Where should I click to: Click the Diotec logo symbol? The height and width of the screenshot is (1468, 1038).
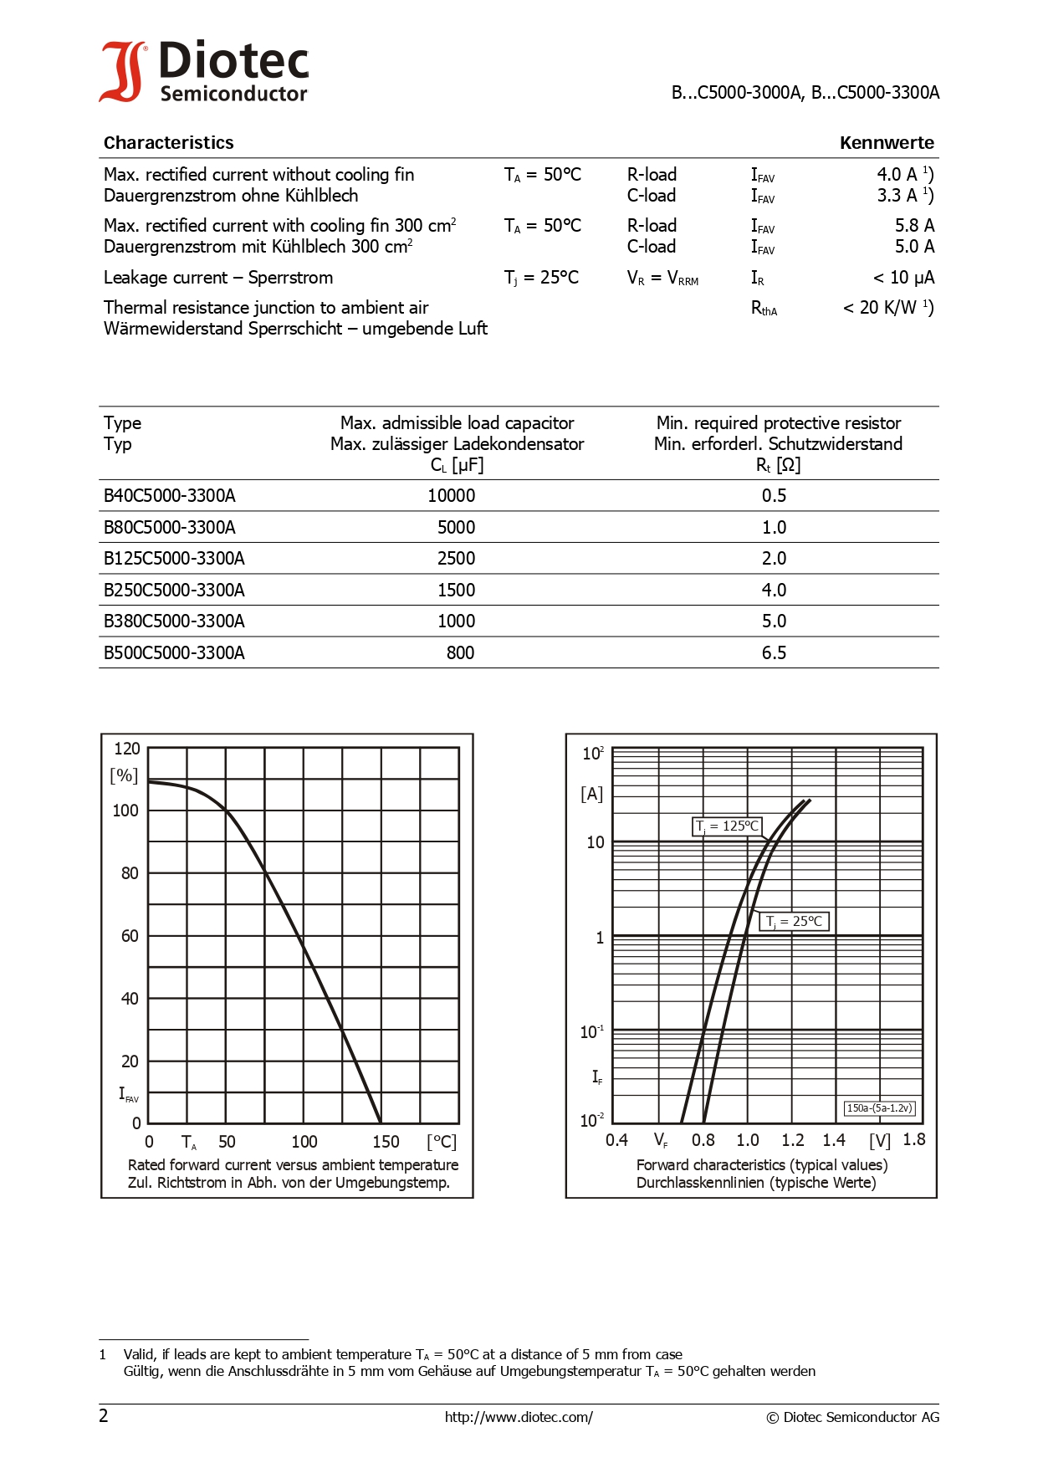click(122, 72)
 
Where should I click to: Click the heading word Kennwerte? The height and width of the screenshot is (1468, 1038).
click(887, 143)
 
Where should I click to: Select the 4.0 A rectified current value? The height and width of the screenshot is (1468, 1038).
click(903, 175)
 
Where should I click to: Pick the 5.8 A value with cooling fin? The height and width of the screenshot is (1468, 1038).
click(914, 226)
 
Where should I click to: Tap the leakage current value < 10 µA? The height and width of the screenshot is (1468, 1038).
click(903, 278)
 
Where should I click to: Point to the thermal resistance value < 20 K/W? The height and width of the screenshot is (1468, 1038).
click(887, 308)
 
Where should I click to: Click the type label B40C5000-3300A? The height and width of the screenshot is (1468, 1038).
click(170, 496)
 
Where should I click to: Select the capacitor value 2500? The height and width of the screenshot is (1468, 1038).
click(456, 559)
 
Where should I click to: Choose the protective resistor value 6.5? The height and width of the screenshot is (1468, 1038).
click(774, 653)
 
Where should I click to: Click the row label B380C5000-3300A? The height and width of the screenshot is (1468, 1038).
click(174, 621)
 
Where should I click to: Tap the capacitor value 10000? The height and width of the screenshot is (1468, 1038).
click(451, 496)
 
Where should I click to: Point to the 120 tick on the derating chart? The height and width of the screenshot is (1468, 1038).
click(127, 749)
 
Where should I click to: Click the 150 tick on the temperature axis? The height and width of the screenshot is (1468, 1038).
click(386, 1142)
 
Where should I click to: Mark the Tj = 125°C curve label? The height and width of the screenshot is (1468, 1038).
click(727, 826)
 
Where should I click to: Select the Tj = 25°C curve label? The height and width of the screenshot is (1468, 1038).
click(795, 922)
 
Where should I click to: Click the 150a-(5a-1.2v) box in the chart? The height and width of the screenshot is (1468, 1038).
click(879, 1108)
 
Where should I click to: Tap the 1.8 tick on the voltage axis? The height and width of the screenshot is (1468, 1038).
click(914, 1139)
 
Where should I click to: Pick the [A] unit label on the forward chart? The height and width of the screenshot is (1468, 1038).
click(591, 794)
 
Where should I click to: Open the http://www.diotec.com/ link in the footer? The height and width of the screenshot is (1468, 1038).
click(519, 1417)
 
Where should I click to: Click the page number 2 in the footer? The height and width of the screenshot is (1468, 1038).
click(104, 1416)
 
